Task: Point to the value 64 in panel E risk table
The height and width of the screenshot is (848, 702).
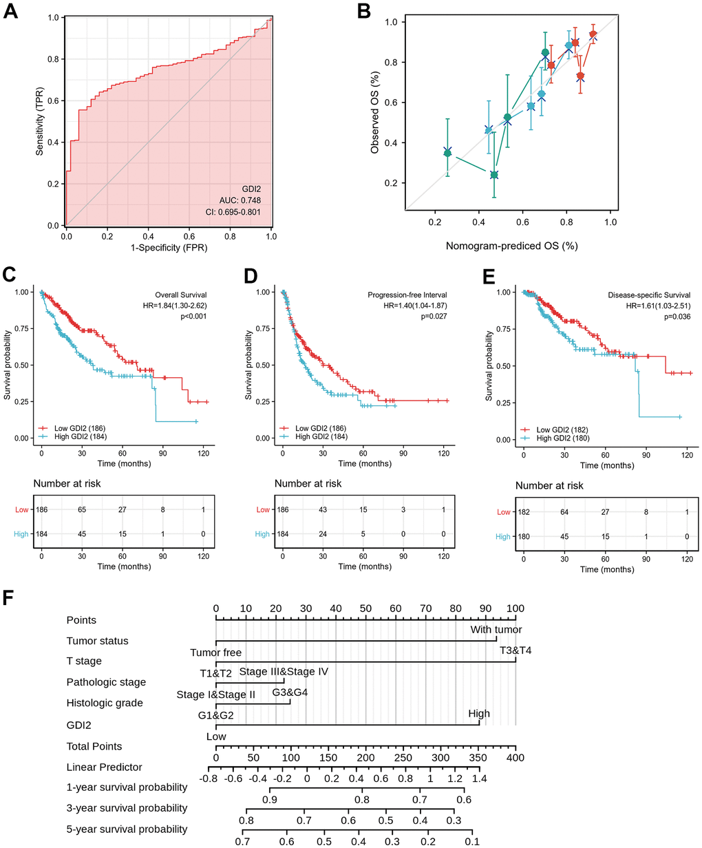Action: tap(564, 512)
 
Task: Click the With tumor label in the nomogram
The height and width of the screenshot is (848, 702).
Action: tap(496, 630)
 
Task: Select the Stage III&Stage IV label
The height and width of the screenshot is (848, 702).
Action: tap(284, 672)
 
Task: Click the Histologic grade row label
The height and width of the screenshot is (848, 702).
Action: tap(105, 703)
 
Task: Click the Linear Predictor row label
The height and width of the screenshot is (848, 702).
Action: tap(104, 767)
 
